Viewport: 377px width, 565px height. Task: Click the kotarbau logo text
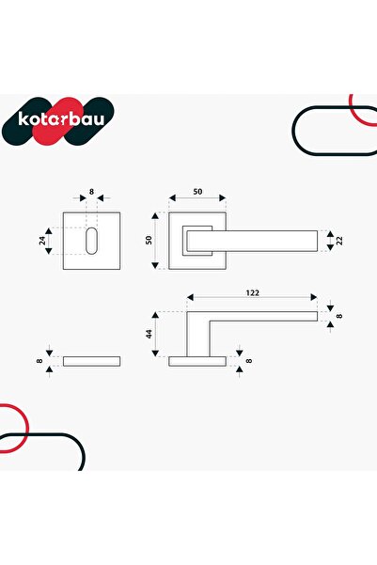pyautogui.click(x=61, y=119)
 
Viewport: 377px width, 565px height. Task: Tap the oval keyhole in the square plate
pyautogui.click(x=91, y=241)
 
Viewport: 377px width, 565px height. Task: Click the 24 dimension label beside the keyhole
pyautogui.click(x=41, y=241)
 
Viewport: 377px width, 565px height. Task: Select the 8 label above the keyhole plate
pyautogui.click(x=91, y=192)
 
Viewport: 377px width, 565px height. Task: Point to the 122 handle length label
pyautogui.click(x=252, y=293)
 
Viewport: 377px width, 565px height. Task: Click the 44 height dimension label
pyautogui.click(x=149, y=334)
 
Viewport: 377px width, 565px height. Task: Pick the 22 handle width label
pyautogui.click(x=339, y=241)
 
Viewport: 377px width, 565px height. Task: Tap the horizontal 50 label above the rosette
pyautogui.click(x=197, y=192)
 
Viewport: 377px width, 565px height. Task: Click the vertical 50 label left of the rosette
pyautogui.click(x=149, y=241)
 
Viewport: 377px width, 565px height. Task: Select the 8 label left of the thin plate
pyautogui.click(x=39, y=361)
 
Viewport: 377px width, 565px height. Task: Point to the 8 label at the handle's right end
pyautogui.click(x=339, y=316)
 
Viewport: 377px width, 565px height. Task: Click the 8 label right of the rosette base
pyautogui.click(x=249, y=361)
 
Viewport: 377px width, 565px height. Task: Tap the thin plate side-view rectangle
pyautogui.click(x=91, y=361)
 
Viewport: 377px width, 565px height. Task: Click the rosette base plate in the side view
pyautogui.click(x=197, y=361)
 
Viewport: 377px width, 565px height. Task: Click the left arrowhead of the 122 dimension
pyautogui.click(x=190, y=297)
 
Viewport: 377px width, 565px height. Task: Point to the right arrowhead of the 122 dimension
pyautogui.click(x=314, y=297)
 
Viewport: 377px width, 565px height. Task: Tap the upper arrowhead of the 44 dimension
pyautogui.click(x=155, y=315)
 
